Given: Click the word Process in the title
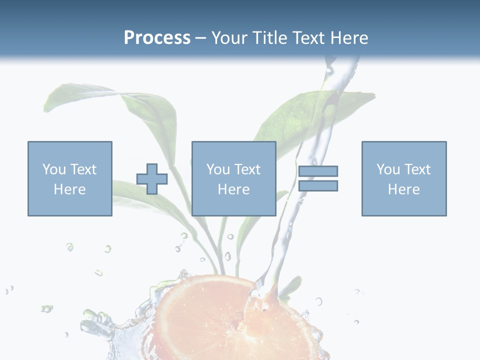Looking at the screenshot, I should pyautogui.click(x=157, y=38).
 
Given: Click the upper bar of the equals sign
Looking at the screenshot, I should pyautogui.click(x=318, y=171).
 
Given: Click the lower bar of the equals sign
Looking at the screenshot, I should pyautogui.click(x=318, y=185).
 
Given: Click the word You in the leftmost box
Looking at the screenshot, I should pyautogui.click(x=54, y=169).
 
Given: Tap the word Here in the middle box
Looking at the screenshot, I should pyautogui.click(x=234, y=189).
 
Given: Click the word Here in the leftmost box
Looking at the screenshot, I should pyautogui.click(x=70, y=189).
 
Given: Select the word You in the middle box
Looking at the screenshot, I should pyautogui.click(x=218, y=169).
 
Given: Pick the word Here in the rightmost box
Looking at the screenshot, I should pyautogui.click(x=404, y=189).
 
